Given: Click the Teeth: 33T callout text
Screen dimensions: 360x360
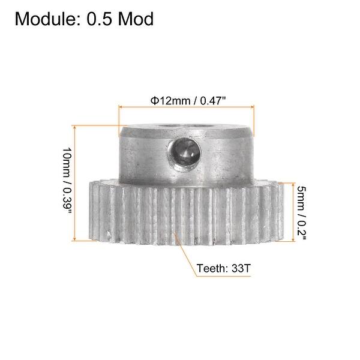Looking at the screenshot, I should pos(223,269).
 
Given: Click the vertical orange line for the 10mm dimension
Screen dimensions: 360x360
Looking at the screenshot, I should pos(74,183).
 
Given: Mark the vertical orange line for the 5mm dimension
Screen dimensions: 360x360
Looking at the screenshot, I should pos(293,212).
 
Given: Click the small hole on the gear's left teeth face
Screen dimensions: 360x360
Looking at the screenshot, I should pos(107,234).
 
